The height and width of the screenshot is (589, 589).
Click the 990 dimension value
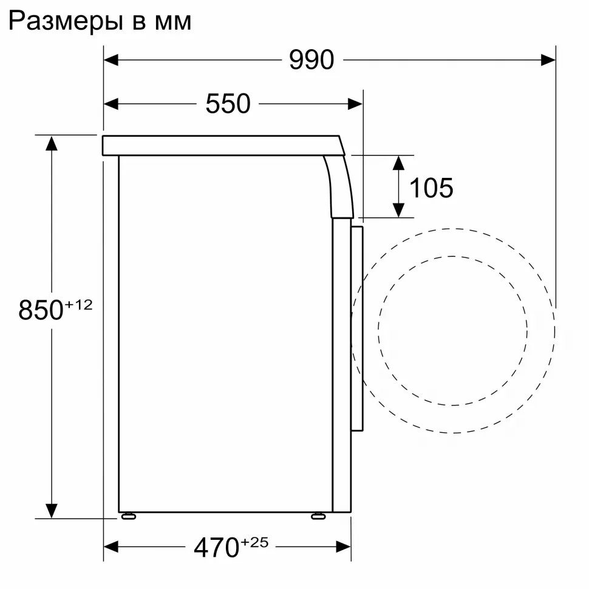tap(312, 60)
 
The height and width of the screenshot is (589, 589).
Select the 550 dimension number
tap(228, 104)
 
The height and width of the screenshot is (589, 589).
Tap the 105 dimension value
tap(431, 188)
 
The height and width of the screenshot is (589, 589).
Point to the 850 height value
tap(41, 310)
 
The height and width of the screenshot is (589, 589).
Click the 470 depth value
tap(216, 548)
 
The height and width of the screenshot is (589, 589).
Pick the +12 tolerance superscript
tap(78, 305)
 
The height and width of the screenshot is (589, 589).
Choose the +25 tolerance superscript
tap(254, 542)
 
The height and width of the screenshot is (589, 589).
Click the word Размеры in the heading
tap(66, 21)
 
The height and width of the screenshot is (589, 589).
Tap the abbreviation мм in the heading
tap(173, 23)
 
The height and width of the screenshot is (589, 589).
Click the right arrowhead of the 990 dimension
tap(548, 60)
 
